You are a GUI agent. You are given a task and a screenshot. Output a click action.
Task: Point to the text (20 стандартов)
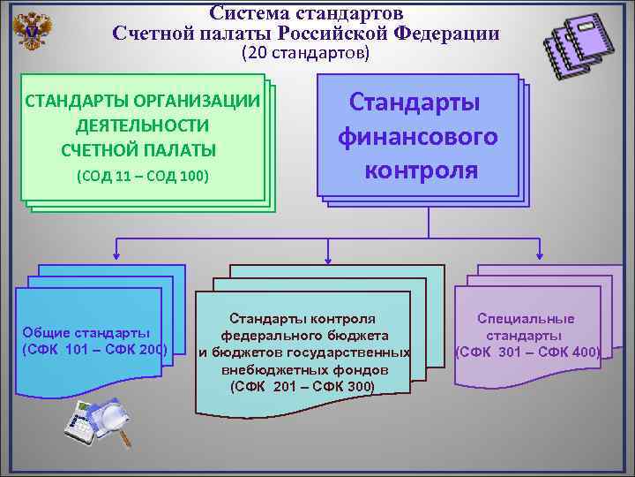point(305,54)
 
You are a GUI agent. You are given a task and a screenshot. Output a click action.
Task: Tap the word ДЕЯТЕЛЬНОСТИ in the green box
point(143,125)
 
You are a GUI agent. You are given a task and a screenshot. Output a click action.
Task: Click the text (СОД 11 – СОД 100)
point(143,175)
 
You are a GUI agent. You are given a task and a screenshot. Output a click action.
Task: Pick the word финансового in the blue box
point(417,137)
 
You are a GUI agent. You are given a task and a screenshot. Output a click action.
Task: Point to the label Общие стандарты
point(86,333)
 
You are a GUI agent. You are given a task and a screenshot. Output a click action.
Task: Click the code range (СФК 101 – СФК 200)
point(94,349)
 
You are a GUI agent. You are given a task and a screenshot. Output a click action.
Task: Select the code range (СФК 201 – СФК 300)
point(302,387)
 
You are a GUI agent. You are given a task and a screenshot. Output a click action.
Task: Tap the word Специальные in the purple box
point(526,319)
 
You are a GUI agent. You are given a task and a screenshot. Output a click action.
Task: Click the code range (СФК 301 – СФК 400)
point(527,352)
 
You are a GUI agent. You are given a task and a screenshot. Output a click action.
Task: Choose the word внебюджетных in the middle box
point(260,370)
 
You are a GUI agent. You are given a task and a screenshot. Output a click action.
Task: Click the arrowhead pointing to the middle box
point(328,259)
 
